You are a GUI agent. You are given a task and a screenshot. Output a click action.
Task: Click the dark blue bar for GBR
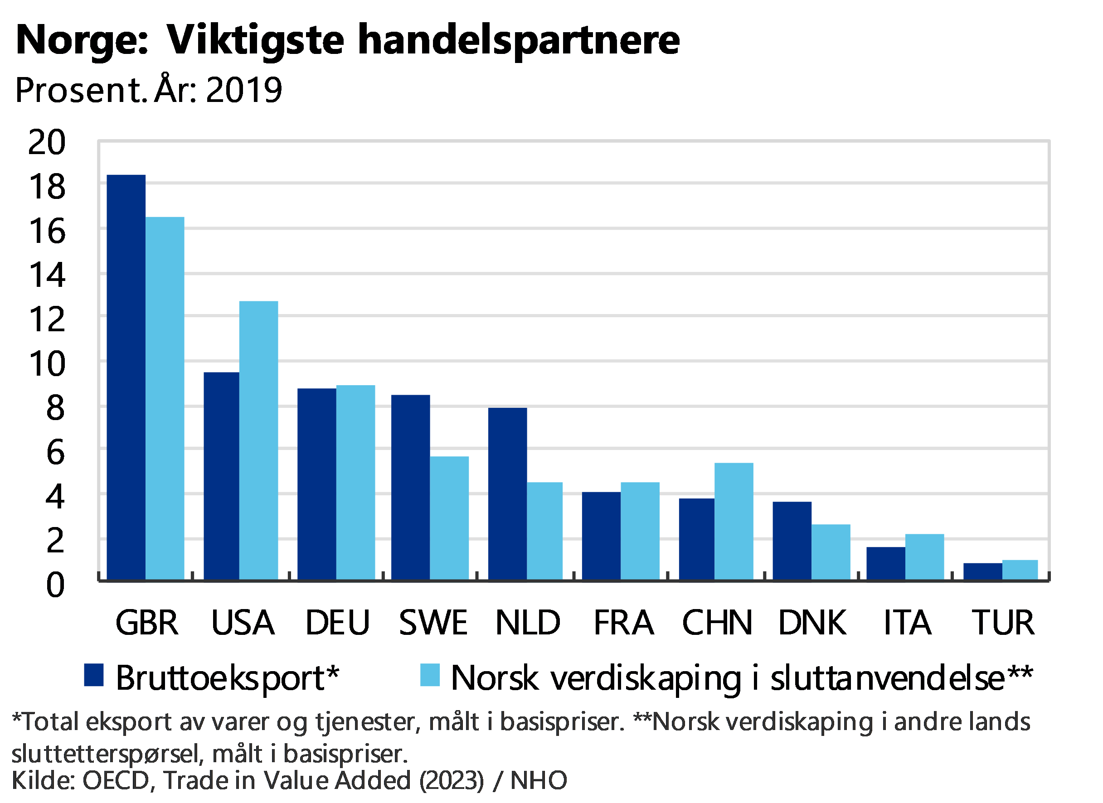[x=126, y=377]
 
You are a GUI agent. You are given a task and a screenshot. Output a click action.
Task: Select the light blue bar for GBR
[x=165, y=397]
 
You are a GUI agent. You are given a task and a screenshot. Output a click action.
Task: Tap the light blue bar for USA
[x=258, y=440]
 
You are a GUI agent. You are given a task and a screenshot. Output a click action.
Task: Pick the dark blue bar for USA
[x=221, y=475]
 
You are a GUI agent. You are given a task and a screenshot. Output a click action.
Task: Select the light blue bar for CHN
[x=734, y=521]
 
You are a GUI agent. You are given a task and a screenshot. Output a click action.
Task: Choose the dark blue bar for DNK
[x=792, y=540]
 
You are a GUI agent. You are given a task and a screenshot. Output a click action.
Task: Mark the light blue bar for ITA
[x=924, y=556]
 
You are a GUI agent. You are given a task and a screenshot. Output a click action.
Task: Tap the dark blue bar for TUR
[x=982, y=571]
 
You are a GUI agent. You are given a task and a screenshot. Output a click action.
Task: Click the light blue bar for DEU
[x=355, y=482]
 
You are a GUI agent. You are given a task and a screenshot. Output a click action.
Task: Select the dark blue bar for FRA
[x=601, y=535]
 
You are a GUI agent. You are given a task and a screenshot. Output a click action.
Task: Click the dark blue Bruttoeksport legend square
[x=94, y=675]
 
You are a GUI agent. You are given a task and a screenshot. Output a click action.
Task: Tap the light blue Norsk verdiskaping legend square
[x=430, y=675]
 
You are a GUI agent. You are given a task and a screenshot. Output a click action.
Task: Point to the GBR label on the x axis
[x=146, y=623]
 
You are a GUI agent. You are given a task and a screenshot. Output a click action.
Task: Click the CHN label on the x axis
[x=717, y=623]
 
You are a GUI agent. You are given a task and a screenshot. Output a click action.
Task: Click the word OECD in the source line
[x=116, y=781]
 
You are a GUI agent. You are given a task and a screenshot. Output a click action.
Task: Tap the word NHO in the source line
[x=539, y=781]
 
